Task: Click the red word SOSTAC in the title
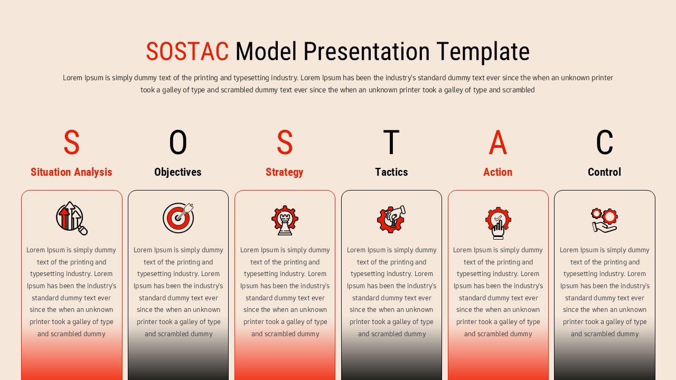tap(187, 52)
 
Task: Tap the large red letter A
tap(497, 142)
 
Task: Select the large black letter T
tap(391, 142)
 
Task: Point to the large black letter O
tap(178, 142)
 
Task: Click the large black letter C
tap(604, 142)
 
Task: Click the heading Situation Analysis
tap(71, 172)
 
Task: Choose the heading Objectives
tap(178, 172)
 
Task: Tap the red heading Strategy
tap(284, 172)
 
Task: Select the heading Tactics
tap(391, 172)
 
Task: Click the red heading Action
tap(497, 172)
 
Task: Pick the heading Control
tap(604, 172)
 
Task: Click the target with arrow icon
tap(179, 218)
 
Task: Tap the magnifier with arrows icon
tap(72, 218)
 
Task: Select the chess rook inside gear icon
tap(285, 220)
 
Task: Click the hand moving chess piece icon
tap(391, 219)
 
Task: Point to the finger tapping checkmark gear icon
tap(498, 222)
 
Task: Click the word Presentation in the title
tap(367, 52)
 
